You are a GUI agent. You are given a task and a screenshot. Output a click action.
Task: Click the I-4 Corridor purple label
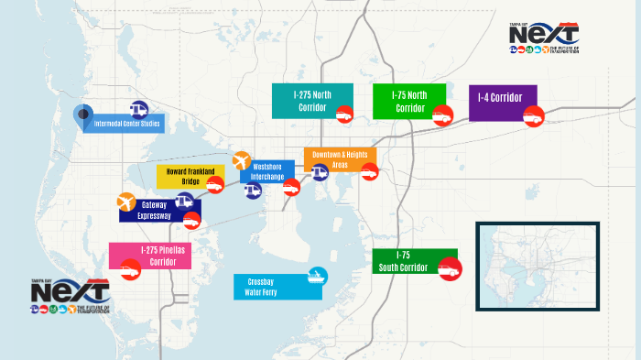click(x=501, y=103)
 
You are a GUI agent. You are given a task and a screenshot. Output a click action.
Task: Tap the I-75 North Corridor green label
click(x=408, y=101)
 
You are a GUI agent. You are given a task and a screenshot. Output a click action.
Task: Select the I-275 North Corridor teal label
click(x=310, y=100)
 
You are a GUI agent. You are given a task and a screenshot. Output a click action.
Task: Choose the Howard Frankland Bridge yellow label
click(x=190, y=176)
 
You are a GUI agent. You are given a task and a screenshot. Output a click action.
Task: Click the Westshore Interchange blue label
click(x=266, y=170)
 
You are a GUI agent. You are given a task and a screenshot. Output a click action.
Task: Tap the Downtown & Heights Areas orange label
click(x=339, y=159)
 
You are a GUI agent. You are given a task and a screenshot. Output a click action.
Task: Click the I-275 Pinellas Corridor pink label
click(x=150, y=255)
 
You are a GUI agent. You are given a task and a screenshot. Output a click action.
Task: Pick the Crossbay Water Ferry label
click(x=266, y=287)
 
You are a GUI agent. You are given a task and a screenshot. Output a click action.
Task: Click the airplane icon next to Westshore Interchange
click(x=242, y=161)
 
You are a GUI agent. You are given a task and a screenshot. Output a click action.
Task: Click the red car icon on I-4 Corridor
click(x=533, y=116)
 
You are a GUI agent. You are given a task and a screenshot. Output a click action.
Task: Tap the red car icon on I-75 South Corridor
click(x=451, y=269)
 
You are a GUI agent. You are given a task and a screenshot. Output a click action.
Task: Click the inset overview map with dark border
click(x=537, y=267)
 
